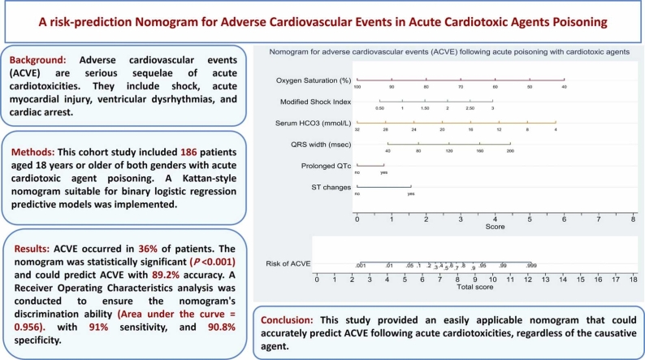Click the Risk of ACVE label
pyautogui.click(x=288, y=265)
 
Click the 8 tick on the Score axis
pyautogui.click(x=633, y=219)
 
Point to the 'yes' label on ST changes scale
pyautogui.click(x=411, y=194)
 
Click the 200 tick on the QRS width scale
pyautogui.click(x=510, y=150)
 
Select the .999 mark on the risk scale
pyautogui.click(x=530, y=266)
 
